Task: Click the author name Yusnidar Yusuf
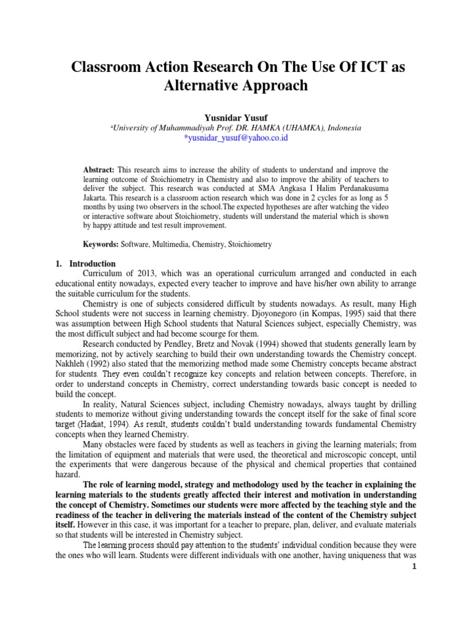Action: (x=235, y=118)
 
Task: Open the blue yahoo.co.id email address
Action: (x=236, y=138)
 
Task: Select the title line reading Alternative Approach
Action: (x=235, y=85)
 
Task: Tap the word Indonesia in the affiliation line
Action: (x=345, y=128)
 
